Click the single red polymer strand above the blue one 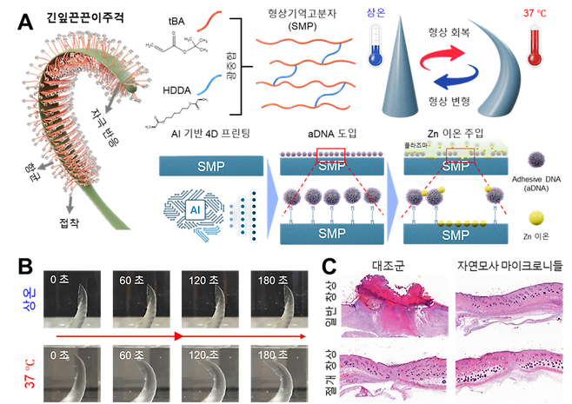point(208,17)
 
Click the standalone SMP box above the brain point(210,164)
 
